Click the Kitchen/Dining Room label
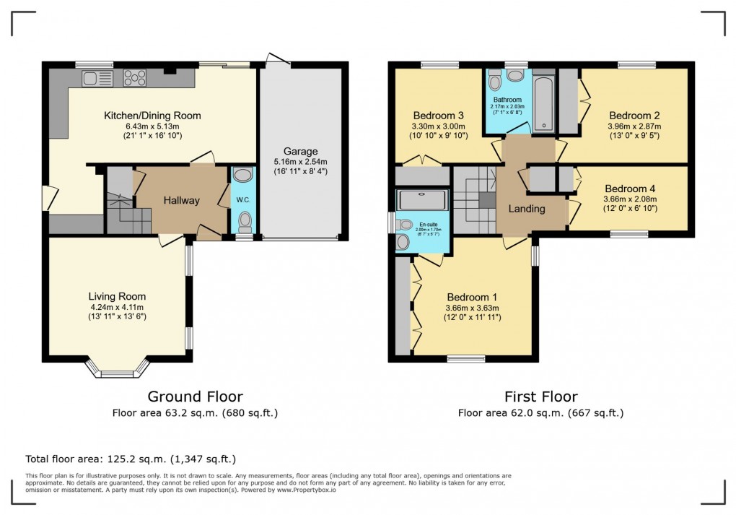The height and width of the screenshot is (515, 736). (152, 116)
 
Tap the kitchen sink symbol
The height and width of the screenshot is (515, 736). (96, 78)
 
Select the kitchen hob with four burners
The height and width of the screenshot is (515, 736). (135, 77)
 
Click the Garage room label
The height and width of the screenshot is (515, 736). (300, 151)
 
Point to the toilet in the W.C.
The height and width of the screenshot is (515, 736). (245, 219)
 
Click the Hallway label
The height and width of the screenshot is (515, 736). (180, 200)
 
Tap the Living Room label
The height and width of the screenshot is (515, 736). (117, 296)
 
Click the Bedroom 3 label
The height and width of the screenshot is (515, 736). (438, 116)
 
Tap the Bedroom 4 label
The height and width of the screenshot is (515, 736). (630, 188)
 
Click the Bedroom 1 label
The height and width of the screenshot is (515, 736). (472, 297)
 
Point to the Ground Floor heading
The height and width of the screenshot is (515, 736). (195, 396)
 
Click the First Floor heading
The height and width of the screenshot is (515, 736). (540, 396)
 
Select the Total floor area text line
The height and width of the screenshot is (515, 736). (131, 459)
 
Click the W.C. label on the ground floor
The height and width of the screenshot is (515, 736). (244, 200)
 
